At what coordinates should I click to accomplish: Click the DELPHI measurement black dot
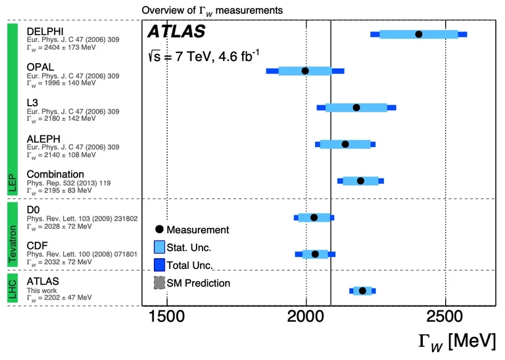coord(419,34)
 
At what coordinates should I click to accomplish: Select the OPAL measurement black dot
coord(305,71)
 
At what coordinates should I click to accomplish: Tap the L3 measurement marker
coord(356,108)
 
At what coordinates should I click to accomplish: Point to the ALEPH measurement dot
coord(345,144)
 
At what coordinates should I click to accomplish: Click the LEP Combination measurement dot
coord(360,181)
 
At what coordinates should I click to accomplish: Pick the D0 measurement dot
coord(314,217)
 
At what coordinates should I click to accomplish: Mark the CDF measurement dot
coord(315,254)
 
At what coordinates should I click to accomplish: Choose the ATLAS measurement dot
coord(362,290)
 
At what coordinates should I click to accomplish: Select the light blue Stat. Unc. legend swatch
coord(159,248)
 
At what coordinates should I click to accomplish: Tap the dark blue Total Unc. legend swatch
coord(159,265)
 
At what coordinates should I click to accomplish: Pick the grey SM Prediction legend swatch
coord(159,283)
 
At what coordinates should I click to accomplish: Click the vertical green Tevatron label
coord(11,235)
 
